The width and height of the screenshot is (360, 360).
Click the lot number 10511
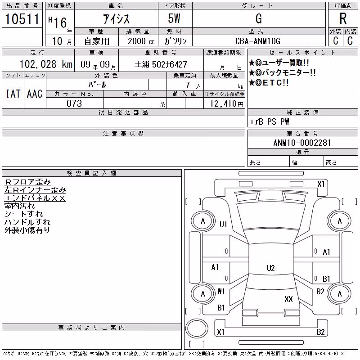[x=22, y=19]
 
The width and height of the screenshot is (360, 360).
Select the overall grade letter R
[x=343, y=18]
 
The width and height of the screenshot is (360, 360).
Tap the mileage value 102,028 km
[x=46, y=64]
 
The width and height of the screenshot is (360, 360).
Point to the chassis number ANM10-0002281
[x=302, y=143]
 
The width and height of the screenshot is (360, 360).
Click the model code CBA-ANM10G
[x=258, y=41]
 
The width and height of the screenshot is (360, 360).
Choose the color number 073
[x=74, y=103]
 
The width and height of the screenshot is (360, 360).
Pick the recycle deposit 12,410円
[x=226, y=104]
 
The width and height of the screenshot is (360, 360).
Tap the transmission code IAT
[x=13, y=94]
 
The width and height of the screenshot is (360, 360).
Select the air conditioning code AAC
[x=35, y=94]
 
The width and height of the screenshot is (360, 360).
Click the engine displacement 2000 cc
[x=141, y=41]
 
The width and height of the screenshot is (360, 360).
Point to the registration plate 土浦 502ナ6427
[x=161, y=64]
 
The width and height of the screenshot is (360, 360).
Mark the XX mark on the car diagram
[x=288, y=299]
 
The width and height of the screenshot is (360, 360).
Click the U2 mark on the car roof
[x=271, y=268]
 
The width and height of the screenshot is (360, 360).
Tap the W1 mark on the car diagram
[x=221, y=292]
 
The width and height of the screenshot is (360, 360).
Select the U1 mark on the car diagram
[x=223, y=224]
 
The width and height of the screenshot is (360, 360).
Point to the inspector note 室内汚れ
[x=19, y=206]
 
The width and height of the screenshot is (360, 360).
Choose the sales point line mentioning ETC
[x=269, y=83]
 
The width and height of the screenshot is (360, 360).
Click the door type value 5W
[x=174, y=18]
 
